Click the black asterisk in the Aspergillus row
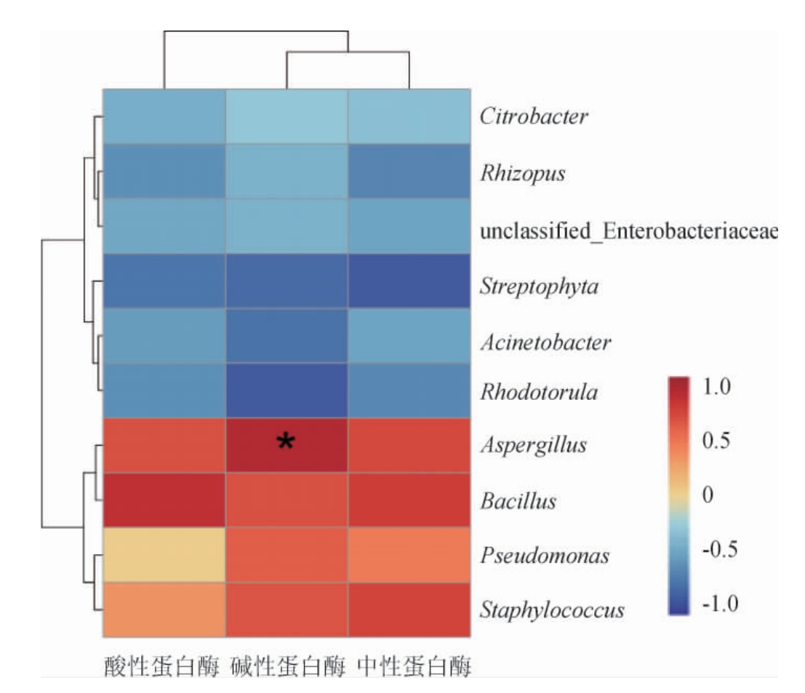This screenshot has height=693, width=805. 287,441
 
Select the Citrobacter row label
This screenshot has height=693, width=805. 534,117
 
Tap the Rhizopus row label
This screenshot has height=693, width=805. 522,175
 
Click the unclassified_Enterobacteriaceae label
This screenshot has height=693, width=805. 629,232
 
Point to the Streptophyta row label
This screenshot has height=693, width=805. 540,286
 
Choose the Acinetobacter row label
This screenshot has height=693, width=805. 545,341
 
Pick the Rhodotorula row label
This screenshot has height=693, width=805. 539,393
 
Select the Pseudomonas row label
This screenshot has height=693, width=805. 544,556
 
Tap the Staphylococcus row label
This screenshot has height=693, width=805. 553,609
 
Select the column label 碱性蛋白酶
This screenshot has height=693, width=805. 287,667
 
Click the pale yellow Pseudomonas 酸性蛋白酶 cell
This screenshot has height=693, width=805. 164,556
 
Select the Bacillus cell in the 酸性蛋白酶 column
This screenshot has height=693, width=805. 164,500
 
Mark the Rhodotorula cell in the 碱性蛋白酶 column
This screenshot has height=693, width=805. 287,390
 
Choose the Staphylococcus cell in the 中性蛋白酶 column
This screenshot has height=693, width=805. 409,609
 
